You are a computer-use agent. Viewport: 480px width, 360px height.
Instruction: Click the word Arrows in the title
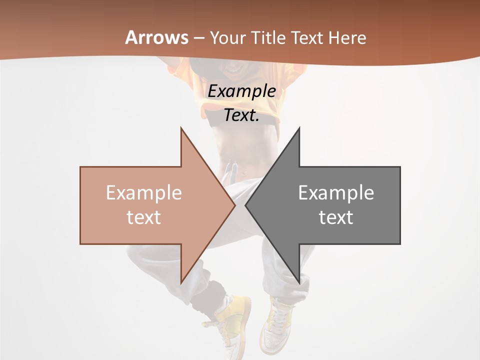tap(157, 37)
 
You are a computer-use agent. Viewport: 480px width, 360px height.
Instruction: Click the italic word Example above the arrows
tap(242, 91)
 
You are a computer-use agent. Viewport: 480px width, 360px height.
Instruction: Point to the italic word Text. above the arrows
tap(242, 115)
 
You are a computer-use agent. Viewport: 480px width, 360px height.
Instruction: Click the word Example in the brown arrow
tap(144, 192)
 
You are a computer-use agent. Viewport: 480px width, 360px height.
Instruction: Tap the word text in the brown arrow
tap(144, 217)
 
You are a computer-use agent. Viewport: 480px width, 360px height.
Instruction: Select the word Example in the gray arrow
tap(336, 192)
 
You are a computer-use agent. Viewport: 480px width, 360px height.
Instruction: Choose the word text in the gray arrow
tap(336, 217)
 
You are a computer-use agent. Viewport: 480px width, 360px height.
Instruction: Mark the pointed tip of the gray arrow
tap(246, 205)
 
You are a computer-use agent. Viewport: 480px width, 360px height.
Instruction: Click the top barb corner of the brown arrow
tap(181, 128)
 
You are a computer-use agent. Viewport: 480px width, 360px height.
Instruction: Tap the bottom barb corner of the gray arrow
tap(299, 283)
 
